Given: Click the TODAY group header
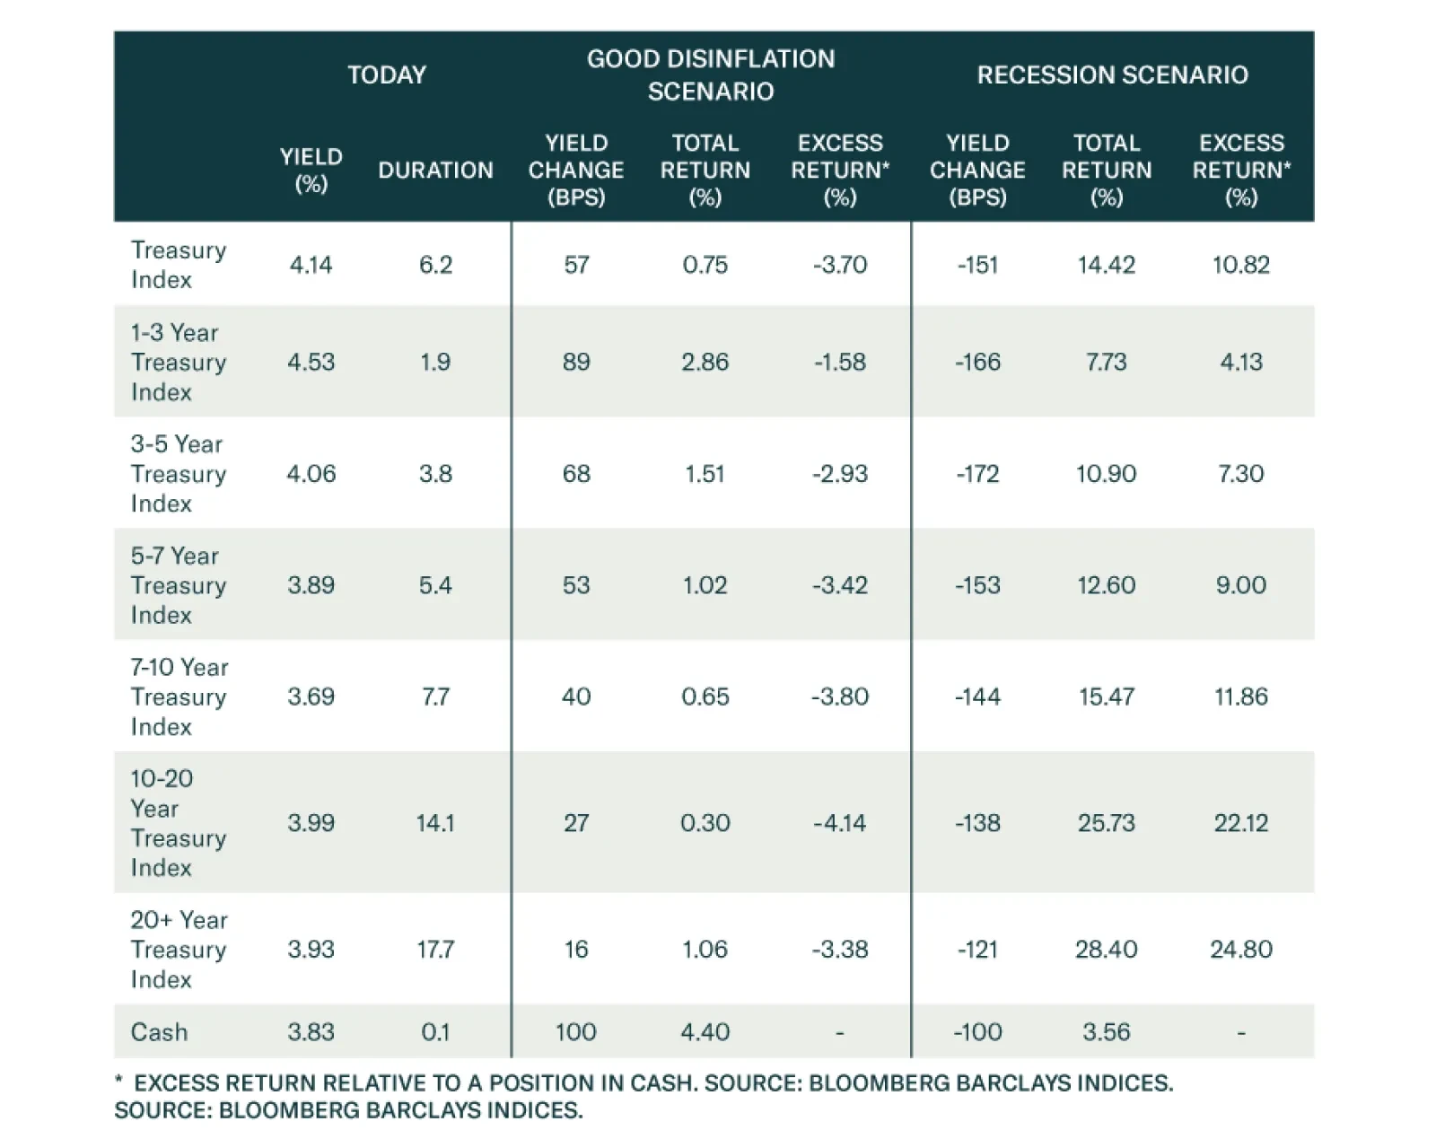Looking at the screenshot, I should (387, 74).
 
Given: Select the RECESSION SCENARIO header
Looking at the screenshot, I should (1112, 74).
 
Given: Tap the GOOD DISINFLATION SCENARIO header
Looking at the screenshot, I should (711, 74).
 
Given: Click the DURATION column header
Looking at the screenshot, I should (435, 171).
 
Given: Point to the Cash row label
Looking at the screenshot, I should (159, 1032).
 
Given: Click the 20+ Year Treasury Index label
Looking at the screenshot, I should (179, 949).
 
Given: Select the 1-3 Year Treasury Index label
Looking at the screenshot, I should (179, 362).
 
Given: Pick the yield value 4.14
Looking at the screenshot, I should (311, 265).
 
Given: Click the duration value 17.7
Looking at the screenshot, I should (435, 949).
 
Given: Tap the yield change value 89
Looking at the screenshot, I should (576, 362).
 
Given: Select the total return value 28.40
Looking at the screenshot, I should (1106, 949).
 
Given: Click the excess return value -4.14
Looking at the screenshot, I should (840, 823).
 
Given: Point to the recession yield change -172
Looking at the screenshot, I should (977, 474).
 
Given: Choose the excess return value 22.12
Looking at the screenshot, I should (1241, 823).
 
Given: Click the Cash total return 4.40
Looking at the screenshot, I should (705, 1032).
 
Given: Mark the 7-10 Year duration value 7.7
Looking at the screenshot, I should (435, 697).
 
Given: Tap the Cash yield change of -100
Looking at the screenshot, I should (977, 1032).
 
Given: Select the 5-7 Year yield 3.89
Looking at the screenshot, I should (311, 585).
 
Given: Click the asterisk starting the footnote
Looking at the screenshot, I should (118, 1081).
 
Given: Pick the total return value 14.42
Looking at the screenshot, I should (1106, 265).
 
